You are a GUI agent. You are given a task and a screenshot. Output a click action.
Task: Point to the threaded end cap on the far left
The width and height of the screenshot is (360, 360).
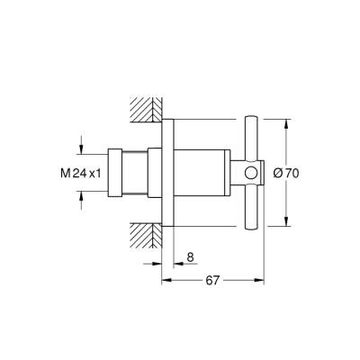coord(115,172)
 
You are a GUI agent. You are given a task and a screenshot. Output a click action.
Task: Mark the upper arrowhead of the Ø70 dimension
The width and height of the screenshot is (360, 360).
coord(286,123)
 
